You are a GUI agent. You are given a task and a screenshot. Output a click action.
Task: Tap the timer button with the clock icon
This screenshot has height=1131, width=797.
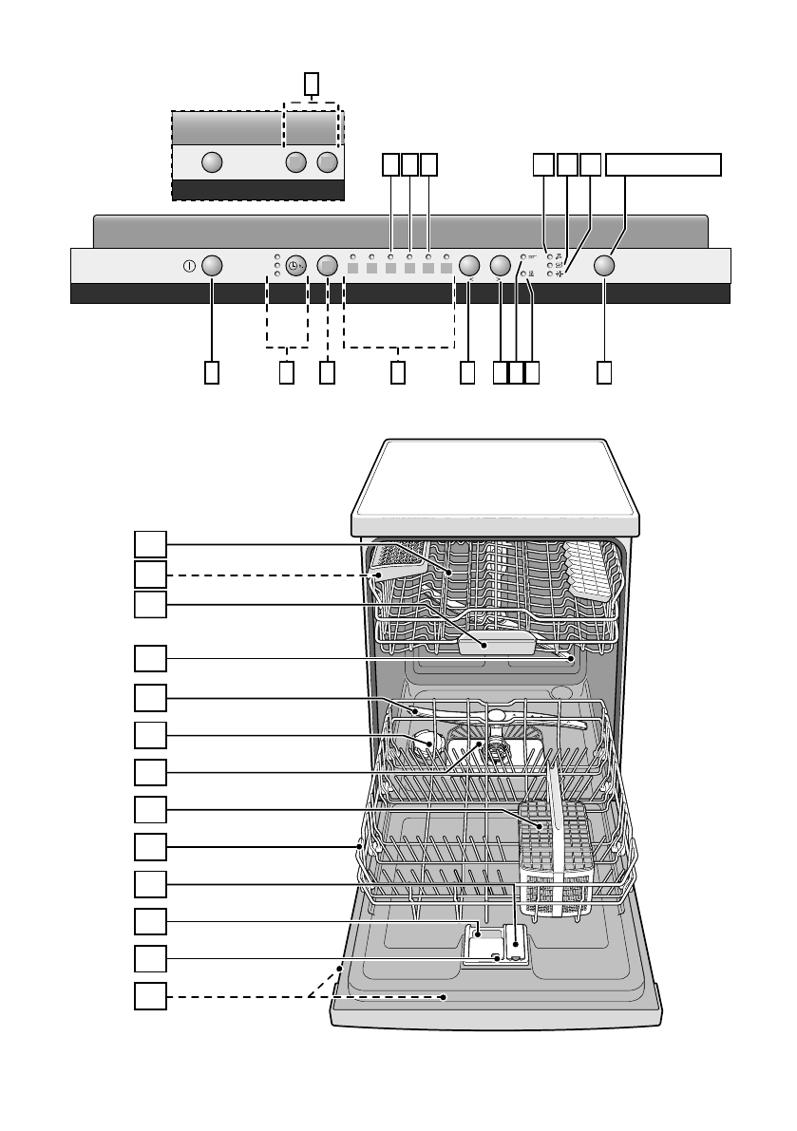pos(294,266)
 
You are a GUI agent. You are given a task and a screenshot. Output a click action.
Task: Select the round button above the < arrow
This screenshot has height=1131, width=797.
pos(468,266)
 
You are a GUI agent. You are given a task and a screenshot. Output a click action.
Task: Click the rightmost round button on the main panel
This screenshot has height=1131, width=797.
pos(606,266)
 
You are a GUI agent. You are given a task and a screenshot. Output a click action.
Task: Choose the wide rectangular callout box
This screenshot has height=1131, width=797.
pos(664,164)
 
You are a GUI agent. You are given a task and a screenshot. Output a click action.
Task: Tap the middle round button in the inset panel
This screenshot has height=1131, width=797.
pos(295,162)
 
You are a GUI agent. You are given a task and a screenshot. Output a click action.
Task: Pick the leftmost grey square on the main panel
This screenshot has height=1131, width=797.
pos(351,269)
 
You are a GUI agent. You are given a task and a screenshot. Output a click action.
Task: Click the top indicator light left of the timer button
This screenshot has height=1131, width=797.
pos(276,256)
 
